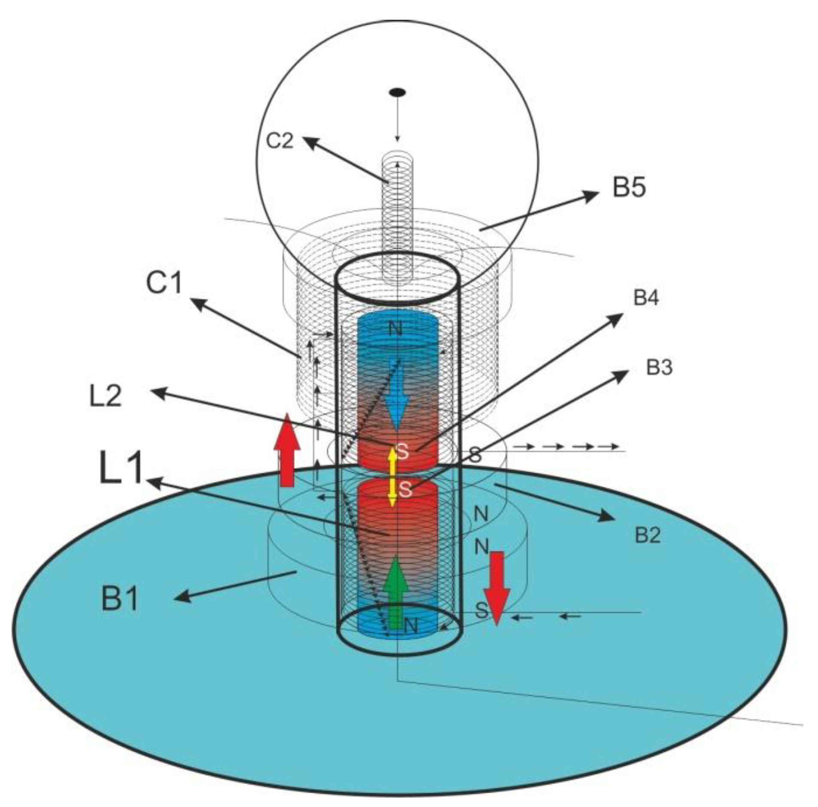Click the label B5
[x=628, y=187]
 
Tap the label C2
[x=280, y=140]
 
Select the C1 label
[x=164, y=283]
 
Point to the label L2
[x=106, y=396]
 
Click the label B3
[x=659, y=367]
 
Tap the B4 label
[x=646, y=297]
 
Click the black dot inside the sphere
[x=397, y=92]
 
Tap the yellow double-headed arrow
[x=392, y=477]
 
